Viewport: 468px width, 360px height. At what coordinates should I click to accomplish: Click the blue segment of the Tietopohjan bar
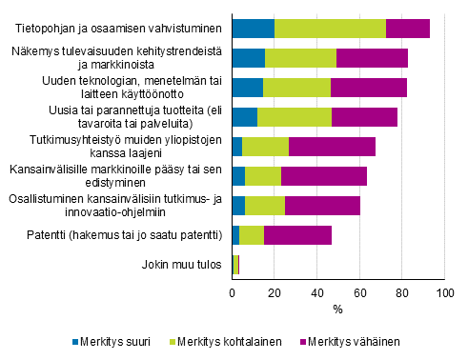point(253,29)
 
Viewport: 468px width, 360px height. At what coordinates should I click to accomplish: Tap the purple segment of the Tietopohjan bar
point(407,29)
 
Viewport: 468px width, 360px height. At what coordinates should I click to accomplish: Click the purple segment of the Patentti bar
point(297,235)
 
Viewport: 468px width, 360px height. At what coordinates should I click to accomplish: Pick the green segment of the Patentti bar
point(252,235)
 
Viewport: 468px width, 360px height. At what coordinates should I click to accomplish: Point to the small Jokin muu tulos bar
point(235,265)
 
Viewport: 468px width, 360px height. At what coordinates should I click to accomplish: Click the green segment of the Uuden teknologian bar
point(296,88)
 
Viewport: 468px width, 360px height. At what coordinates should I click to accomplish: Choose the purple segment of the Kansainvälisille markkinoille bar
point(323,176)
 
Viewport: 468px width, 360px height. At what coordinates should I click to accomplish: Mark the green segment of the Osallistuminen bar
point(265,206)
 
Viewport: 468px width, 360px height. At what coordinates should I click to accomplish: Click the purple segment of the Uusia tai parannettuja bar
point(364,117)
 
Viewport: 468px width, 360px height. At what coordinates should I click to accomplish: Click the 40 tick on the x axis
point(317,295)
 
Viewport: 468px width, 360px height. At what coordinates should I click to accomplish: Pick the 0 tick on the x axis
point(233,295)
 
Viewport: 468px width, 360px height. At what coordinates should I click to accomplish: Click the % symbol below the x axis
point(337,310)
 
